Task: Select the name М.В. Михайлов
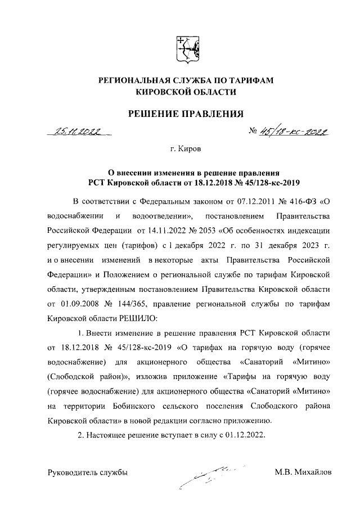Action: [x=303, y=472]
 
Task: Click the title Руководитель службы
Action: [x=87, y=472]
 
